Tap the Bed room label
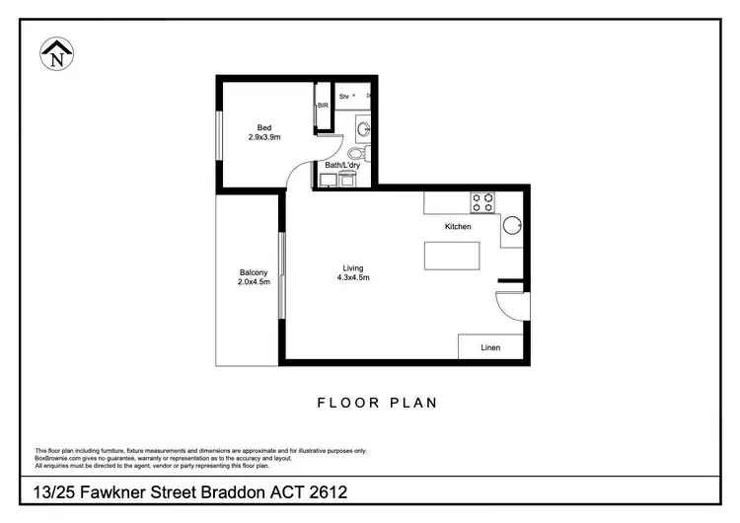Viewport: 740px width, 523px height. coord(263,127)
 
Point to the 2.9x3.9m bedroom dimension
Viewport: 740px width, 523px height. coord(263,137)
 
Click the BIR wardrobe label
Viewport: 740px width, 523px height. coord(322,105)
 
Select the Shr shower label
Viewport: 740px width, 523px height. coord(344,97)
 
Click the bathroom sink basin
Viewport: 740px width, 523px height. coord(362,127)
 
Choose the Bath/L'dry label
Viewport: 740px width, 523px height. coord(342,165)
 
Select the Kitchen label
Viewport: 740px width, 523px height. coord(458,227)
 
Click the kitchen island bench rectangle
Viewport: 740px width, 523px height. coord(453,256)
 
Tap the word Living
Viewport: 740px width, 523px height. coord(352,268)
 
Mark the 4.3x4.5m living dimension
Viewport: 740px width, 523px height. coord(352,278)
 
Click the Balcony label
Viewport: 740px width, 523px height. coord(254,273)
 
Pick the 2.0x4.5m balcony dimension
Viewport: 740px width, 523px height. coord(254,283)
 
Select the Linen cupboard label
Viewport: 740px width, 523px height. coord(490,348)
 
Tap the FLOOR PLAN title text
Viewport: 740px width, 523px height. coord(377,403)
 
